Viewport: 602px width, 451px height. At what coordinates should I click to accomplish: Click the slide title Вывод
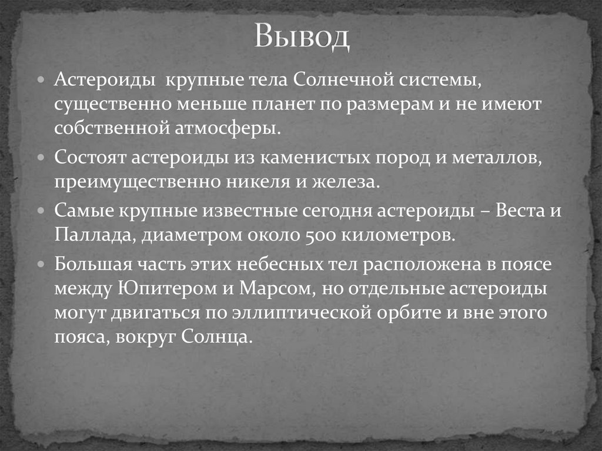[x=303, y=38]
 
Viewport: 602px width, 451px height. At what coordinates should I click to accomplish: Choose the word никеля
[x=259, y=182]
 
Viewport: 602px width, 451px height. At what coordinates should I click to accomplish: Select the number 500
[x=320, y=236]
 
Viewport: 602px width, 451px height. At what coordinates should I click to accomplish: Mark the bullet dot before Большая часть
[x=41, y=265]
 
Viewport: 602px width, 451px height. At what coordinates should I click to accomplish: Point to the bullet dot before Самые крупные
[x=41, y=211]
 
